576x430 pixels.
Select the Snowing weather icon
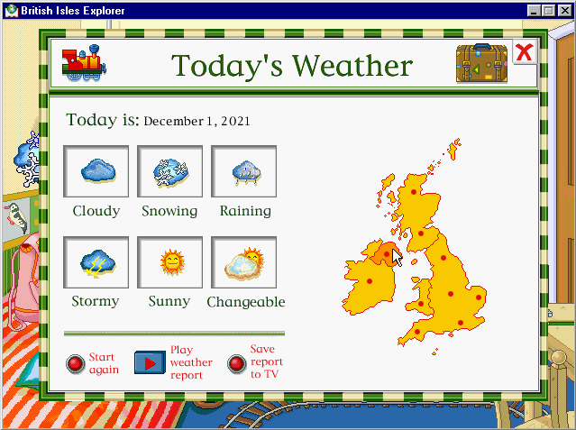coord(169,171)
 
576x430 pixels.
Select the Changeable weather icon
coord(243,262)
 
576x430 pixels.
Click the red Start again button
coord(76,364)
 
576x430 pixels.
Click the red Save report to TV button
coord(236,364)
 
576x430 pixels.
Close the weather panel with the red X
coord(525,52)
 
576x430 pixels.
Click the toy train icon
coord(84,63)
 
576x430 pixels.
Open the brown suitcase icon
coord(481,63)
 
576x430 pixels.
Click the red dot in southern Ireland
coord(370,281)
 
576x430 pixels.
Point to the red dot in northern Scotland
coord(414,192)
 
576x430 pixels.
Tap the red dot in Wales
coord(421,304)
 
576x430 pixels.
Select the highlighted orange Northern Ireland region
coord(384,254)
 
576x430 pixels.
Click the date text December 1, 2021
coord(197,122)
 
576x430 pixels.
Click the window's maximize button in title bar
coord(549,11)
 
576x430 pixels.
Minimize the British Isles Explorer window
coord(535,11)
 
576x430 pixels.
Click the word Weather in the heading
coord(352,66)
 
